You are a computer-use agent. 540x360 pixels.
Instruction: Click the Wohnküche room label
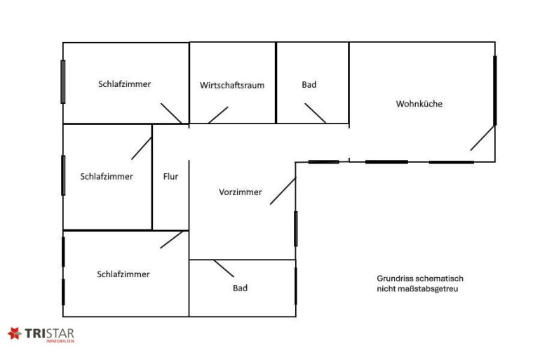pyautogui.click(x=419, y=104)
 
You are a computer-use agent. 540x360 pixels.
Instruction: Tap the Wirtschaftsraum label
pyautogui.click(x=232, y=85)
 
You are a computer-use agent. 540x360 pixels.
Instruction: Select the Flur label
pyautogui.click(x=170, y=176)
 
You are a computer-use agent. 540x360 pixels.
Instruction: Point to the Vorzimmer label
pyautogui.click(x=241, y=192)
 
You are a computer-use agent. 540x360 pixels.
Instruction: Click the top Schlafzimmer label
pyautogui.click(x=124, y=84)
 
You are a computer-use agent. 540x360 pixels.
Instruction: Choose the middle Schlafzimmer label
pyautogui.click(x=107, y=176)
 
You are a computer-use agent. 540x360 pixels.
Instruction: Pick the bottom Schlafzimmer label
pyautogui.click(x=123, y=274)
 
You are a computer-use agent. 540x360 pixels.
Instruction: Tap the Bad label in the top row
pyautogui.click(x=309, y=84)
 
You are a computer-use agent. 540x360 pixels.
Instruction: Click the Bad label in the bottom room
pyautogui.click(x=241, y=288)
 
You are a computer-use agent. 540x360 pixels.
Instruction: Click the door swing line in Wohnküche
pyautogui.click(x=482, y=138)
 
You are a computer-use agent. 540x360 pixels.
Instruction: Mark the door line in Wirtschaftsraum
pyautogui.click(x=218, y=114)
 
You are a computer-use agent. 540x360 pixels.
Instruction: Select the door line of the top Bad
pyautogui.click(x=315, y=113)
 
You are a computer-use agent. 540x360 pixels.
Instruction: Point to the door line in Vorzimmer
pyautogui.click(x=283, y=191)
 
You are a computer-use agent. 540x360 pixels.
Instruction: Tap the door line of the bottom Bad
pyautogui.click(x=224, y=268)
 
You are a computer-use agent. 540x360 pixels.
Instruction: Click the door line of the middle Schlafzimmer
pyautogui.click(x=142, y=148)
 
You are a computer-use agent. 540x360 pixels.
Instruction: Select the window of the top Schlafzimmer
pyautogui.click(x=63, y=82)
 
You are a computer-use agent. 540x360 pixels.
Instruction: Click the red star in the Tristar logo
pyautogui.click(x=14, y=334)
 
